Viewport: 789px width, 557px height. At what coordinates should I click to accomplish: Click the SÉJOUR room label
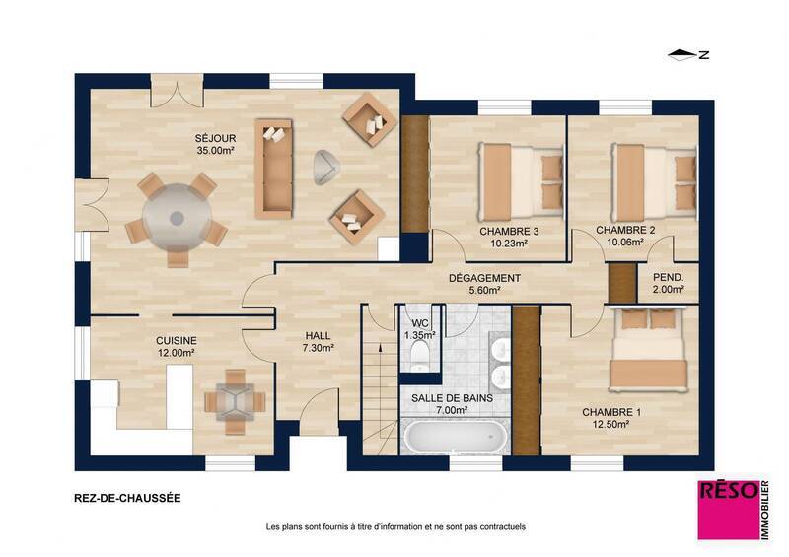214,138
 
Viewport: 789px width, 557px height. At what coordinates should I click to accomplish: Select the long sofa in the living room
273,169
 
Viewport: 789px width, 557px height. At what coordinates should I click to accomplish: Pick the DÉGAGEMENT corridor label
483,278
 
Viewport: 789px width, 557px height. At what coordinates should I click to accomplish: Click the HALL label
318,335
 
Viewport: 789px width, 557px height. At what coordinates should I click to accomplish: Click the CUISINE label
176,340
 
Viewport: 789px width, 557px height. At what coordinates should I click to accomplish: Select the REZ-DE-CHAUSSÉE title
127,498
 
